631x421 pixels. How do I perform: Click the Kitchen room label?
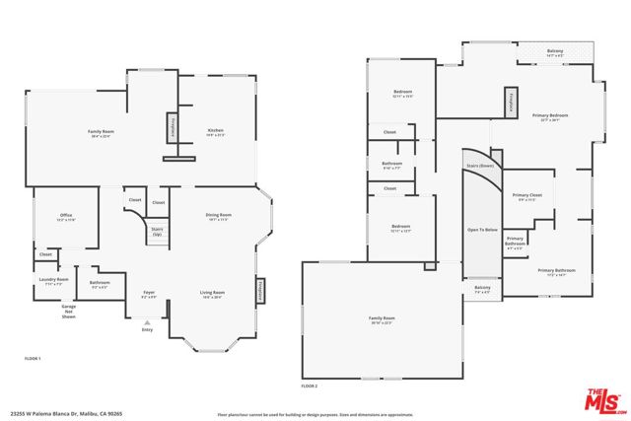pos(216,131)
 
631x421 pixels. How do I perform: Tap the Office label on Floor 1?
pos(66,217)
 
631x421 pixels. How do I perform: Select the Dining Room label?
pos(219,215)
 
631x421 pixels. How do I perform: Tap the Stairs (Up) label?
pos(157,233)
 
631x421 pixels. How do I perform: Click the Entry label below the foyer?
pos(148,330)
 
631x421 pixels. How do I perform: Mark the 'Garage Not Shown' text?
pos(68,314)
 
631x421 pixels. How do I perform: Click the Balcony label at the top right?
pos(555,50)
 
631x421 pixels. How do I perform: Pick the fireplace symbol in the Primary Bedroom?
pos(512,102)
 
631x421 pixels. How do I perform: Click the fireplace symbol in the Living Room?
pos(261,291)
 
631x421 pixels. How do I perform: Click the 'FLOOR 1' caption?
pos(33,359)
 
